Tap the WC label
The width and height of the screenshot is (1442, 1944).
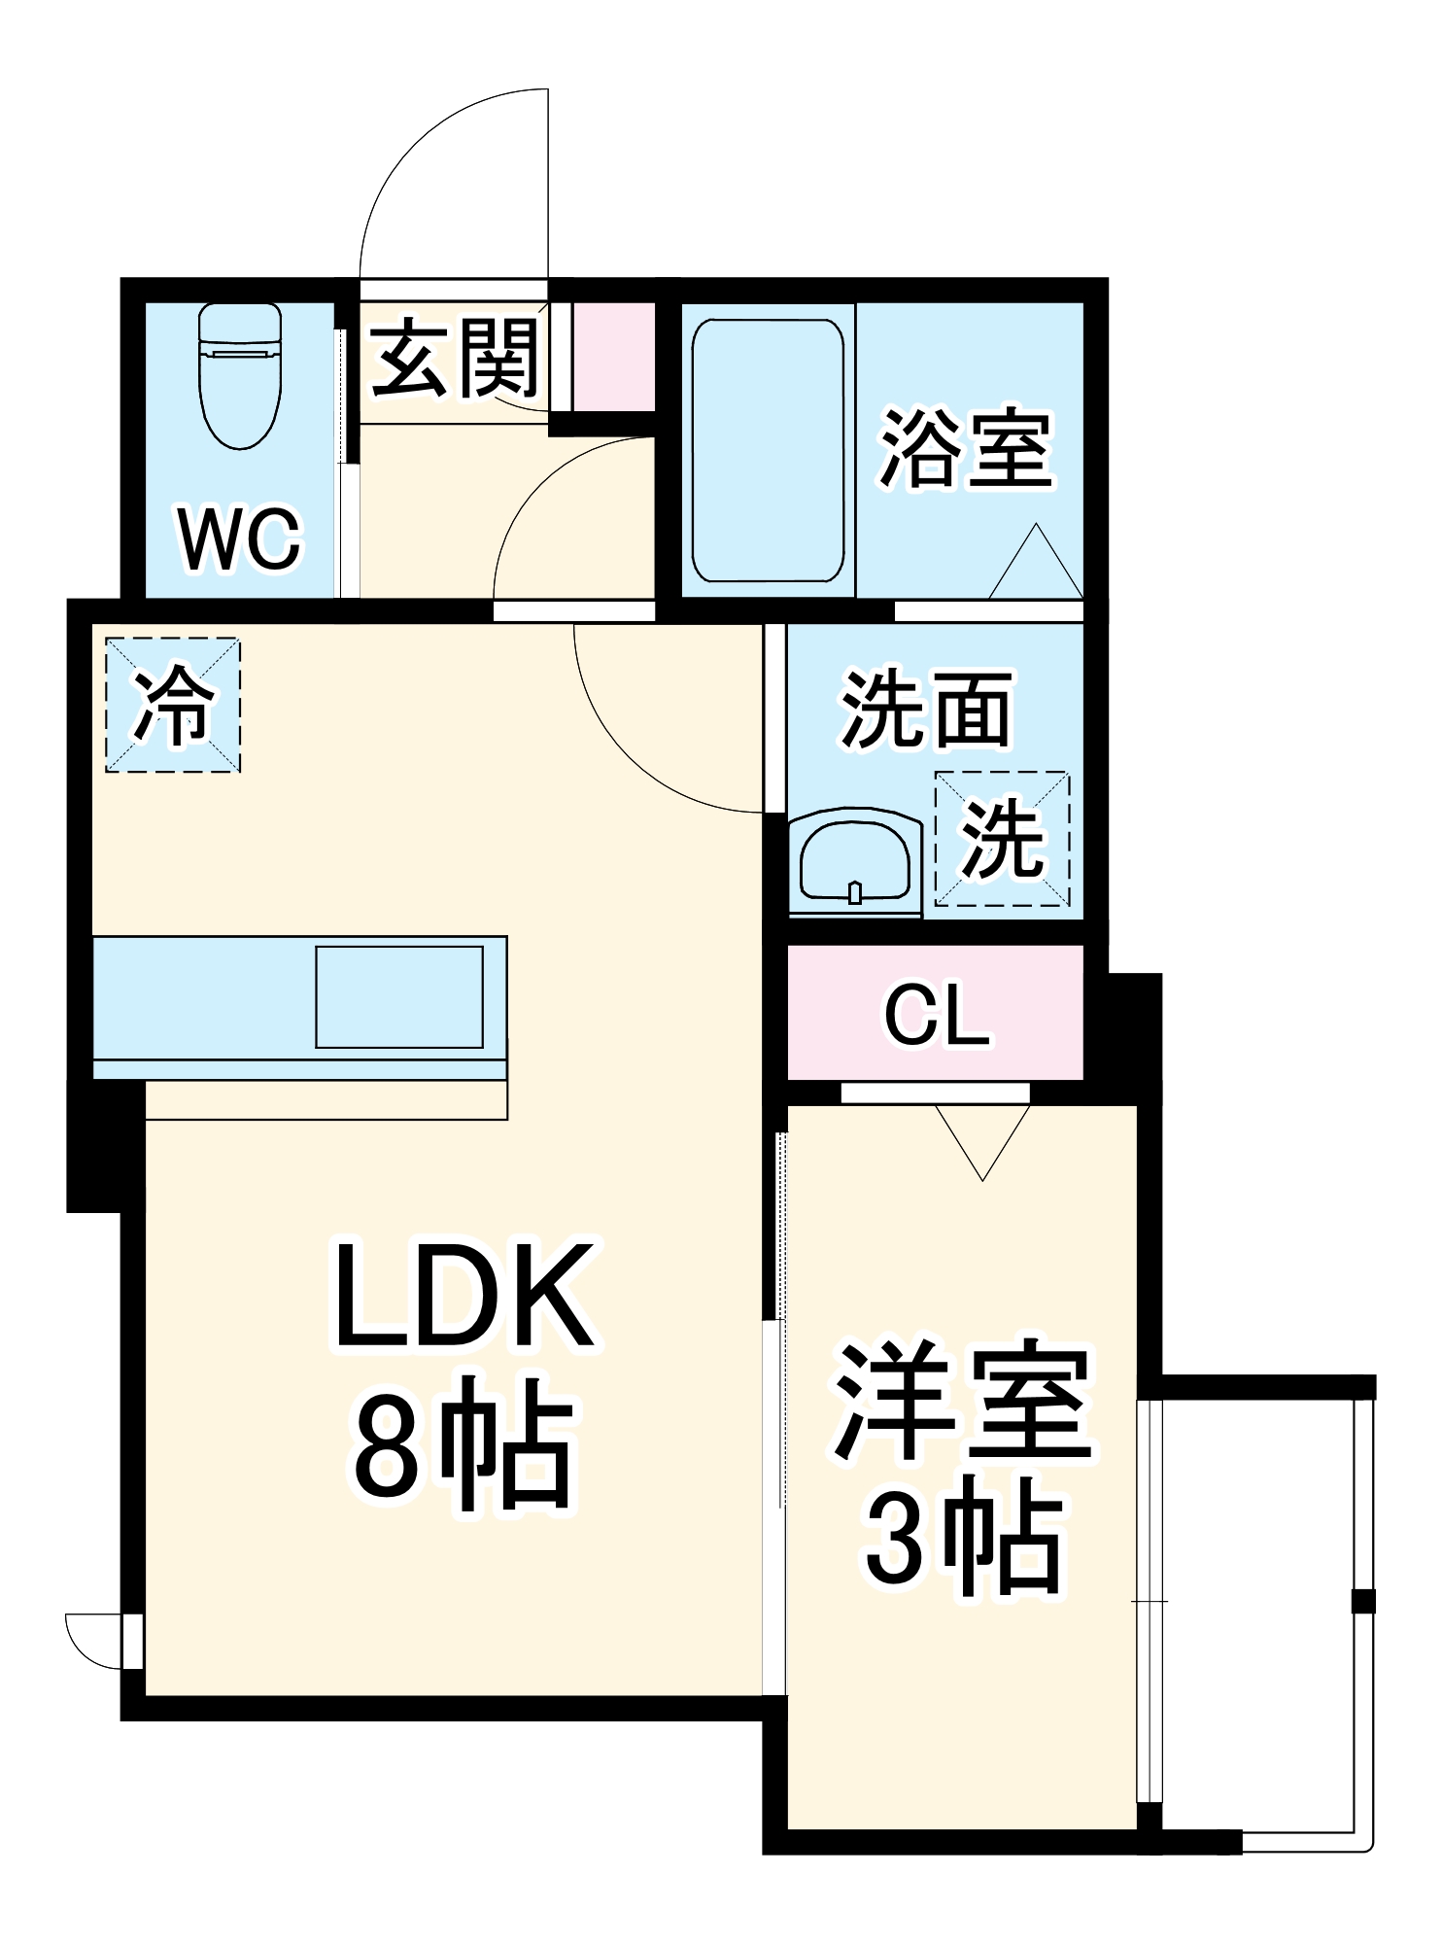click(240, 540)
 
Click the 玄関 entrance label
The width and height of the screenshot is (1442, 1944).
click(455, 359)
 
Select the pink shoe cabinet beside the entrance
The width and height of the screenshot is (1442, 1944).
click(612, 357)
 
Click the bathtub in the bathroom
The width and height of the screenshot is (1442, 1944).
click(768, 450)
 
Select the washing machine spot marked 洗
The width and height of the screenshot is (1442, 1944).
click(1002, 839)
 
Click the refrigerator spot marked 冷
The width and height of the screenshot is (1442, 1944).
click(173, 705)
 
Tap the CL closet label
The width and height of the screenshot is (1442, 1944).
click(936, 1015)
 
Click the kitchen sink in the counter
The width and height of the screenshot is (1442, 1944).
click(399, 996)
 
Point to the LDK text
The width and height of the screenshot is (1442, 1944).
click(464, 1297)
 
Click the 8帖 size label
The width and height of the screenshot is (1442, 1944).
click(464, 1442)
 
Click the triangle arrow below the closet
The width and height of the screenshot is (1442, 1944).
click(982, 1137)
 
